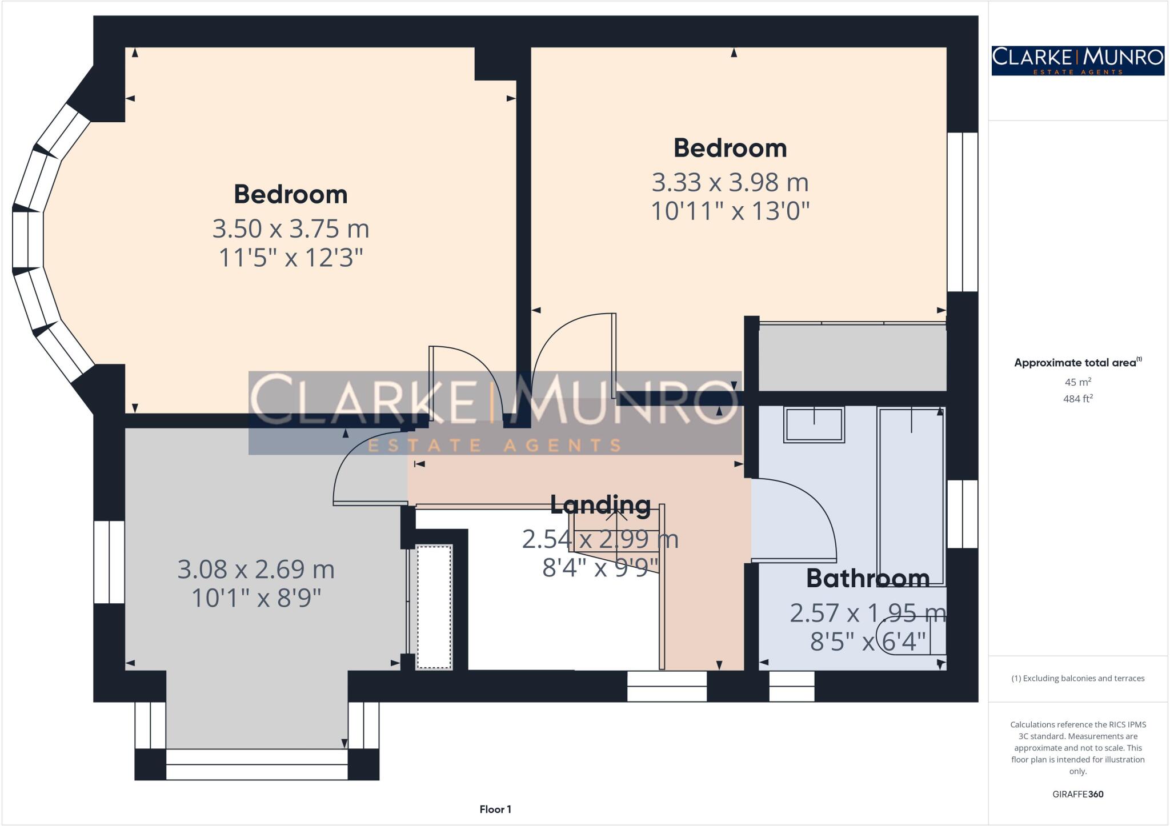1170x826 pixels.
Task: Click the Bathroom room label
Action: [867, 579]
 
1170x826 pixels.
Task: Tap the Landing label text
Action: [600, 504]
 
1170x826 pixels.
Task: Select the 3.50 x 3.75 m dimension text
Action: [291, 229]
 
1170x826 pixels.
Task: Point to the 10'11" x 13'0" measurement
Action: [730, 212]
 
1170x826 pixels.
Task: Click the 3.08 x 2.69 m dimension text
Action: [256, 570]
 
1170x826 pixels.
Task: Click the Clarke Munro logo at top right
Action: [1077, 61]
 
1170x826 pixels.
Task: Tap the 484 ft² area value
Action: [1077, 399]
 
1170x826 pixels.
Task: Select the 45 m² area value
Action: [1077, 382]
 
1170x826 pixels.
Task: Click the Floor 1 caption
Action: [495, 809]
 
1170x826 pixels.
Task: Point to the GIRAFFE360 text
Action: [1077, 794]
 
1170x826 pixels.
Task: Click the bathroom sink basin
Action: [814, 424]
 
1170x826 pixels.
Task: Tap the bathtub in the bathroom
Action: [911, 497]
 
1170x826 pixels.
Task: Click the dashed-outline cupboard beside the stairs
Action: [434, 607]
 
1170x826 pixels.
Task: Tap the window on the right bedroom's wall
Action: [963, 212]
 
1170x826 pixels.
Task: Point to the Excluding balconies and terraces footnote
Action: [1077, 679]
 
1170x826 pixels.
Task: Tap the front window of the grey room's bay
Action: [257, 764]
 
